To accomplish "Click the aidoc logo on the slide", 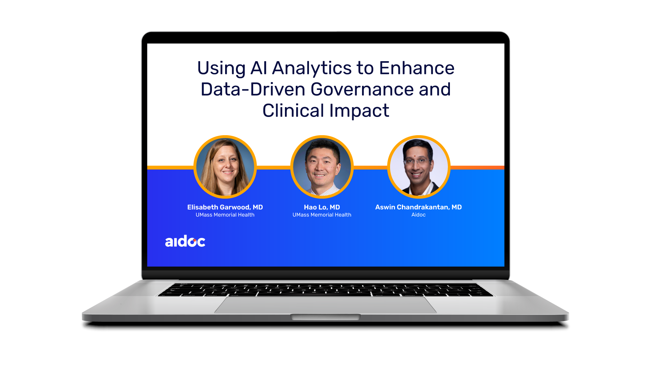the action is point(185,241).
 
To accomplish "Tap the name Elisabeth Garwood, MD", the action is point(225,207).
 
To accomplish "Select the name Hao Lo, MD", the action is point(322,207).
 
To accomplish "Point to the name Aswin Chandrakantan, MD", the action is point(418,207).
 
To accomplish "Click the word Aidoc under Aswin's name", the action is point(418,215).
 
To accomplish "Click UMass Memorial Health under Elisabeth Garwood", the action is point(225,215).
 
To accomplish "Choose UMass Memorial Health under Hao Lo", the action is point(322,215).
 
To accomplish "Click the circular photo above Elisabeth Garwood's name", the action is point(225,167).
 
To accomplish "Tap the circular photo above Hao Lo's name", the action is point(322,167).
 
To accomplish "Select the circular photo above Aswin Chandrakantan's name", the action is point(418,167).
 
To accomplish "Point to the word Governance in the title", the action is point(362,90).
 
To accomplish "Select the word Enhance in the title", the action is point(417,68).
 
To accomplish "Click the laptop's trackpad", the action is point(326,305).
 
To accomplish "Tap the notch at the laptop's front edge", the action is point(326,317).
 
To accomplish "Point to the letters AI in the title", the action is point(259,68).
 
